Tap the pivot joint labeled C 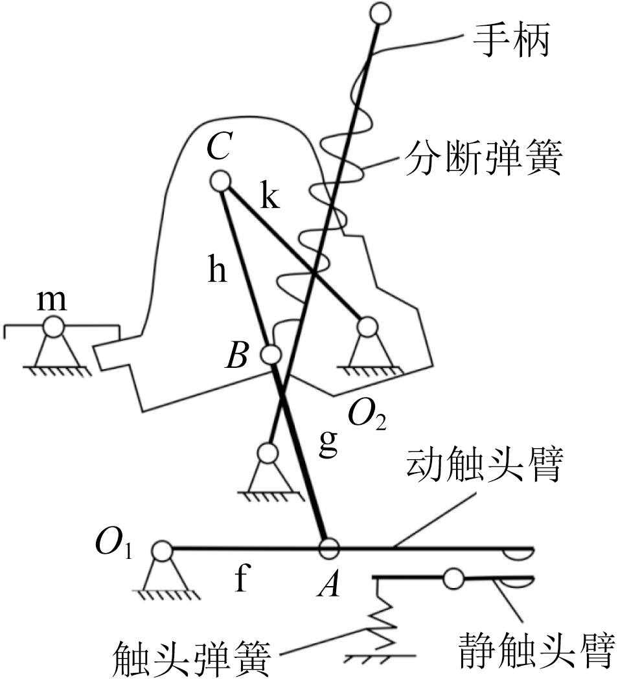click(x=221, y=181)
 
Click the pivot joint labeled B click(x=271, y=354)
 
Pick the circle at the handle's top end click(x=380, y=12)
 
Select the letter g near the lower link click(x=328, y=444)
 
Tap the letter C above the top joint click(x=221, y=150)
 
